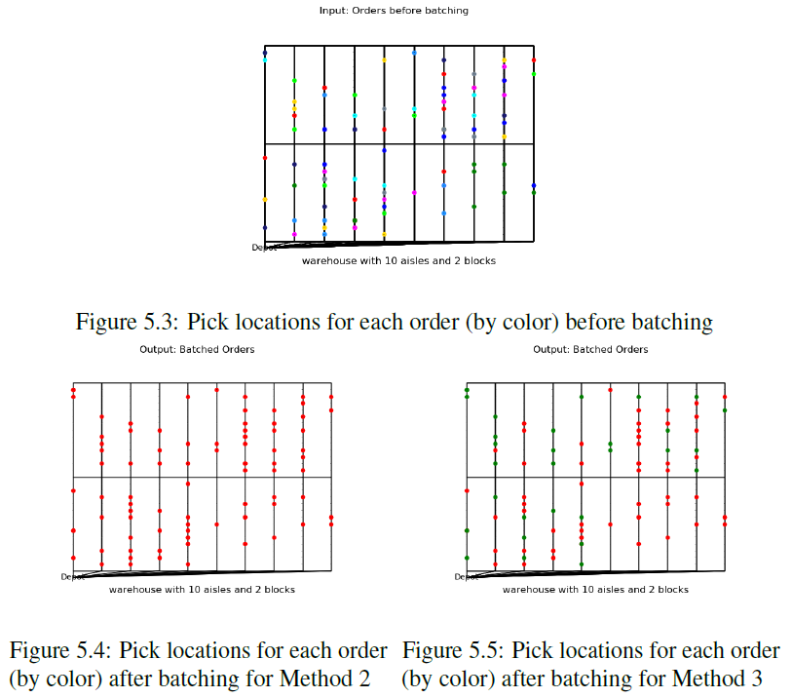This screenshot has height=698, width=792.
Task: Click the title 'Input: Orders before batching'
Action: tap(394, 11)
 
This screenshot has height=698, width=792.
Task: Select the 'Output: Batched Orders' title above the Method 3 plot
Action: tap(590, 349)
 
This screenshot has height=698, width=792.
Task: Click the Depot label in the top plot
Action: tap(264, 248)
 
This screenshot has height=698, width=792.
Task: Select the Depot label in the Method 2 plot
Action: tap(73, 577)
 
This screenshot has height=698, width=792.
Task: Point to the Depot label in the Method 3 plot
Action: tap(467, 577)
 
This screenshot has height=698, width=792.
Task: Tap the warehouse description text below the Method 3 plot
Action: tap(595, 590)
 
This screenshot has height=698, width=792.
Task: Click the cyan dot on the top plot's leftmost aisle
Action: tap(264, 59)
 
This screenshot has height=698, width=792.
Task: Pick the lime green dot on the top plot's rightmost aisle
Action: tap(534, 73)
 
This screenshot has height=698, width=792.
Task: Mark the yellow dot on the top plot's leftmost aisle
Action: tap(264, 200)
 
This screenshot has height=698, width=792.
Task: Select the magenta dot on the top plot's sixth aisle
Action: tap(414, 193)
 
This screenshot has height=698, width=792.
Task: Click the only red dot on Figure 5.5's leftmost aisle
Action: tap(467, 489)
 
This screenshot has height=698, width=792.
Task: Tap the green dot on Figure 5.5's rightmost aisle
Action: tap(725, 410)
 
